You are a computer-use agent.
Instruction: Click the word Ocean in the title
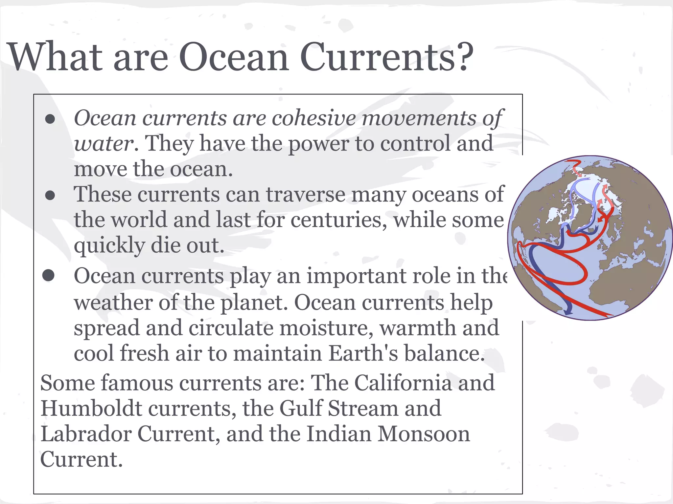coord(234,57)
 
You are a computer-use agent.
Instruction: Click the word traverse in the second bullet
coord(305,194)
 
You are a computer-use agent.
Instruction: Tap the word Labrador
coord(86,434)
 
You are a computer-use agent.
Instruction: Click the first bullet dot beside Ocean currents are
coord(50,119)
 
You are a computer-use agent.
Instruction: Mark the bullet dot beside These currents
coord(50,196)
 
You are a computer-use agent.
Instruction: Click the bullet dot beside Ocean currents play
coord(49,276)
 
